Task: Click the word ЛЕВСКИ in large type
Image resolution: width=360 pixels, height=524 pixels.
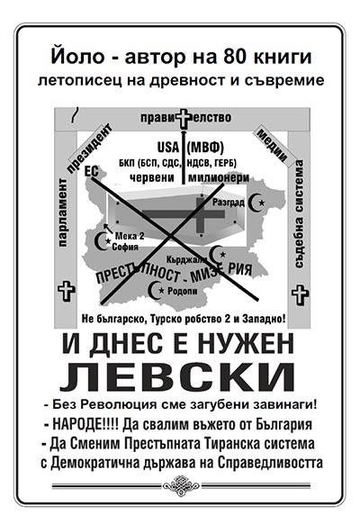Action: click(x=177, y=377)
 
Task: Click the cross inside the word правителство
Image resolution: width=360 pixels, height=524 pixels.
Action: click(x=183, y=118)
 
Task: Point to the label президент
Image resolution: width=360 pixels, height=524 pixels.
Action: click(x=89, y=149)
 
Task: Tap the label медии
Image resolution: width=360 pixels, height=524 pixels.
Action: click(x=272, y=145)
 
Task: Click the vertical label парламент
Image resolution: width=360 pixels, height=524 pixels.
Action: click(x=62, y=212)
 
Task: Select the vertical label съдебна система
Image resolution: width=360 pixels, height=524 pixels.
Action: click(x=299, y=213)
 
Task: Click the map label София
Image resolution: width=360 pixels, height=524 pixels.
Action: click(x=125, y=247)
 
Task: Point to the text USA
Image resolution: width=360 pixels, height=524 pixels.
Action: click(x=168, y=147)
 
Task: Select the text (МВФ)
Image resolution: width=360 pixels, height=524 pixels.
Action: click(x=205, y=147)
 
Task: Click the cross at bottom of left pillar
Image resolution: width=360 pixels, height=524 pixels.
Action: click(x=67, y=291)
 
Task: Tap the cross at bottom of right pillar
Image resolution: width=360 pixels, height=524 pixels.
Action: click(x=301, y=294)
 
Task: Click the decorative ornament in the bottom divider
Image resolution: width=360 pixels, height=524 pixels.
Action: click(x=181, y=485)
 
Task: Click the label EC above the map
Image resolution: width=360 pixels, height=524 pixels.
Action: click(x=92, y=171)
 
